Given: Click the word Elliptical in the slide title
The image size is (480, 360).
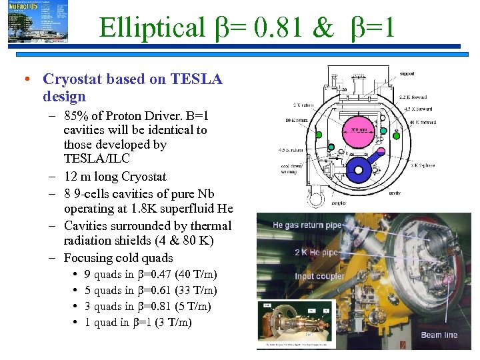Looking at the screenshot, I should coord(151,27).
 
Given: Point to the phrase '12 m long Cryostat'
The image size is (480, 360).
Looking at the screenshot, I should coord(115,177).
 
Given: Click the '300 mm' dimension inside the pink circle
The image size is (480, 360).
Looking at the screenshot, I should coord(359,129).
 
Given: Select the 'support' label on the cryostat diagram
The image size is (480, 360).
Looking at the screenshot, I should coord(407,73).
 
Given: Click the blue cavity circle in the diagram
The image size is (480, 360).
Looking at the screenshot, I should coord(359,170).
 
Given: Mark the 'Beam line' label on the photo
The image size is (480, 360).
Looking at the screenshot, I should coord(439,335).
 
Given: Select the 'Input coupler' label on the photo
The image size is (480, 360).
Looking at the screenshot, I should coord(320,276).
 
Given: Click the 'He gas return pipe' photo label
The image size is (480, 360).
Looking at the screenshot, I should coord(312,225).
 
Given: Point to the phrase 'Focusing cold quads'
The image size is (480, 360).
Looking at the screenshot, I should coord(118,258).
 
